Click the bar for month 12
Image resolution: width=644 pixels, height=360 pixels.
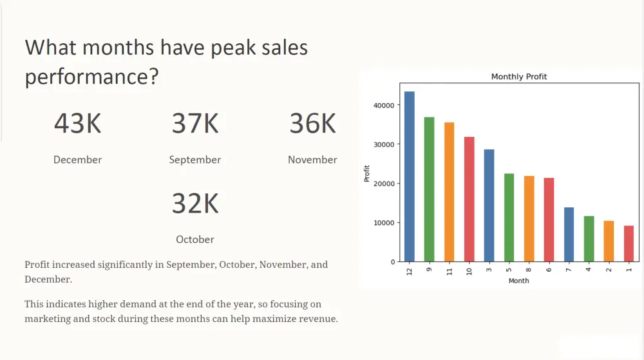coord(410,176)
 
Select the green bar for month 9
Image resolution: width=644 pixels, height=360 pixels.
coord(429,189)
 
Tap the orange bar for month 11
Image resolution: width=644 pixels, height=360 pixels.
coord(450,192)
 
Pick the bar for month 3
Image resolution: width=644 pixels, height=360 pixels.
coord(489,205)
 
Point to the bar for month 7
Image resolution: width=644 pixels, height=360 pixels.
coord(569,234)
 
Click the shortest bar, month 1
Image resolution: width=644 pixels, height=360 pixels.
coord(629,243)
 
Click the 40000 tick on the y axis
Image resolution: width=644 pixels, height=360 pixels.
coord(384,106)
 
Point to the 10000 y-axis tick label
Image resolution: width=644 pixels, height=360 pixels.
coord(384,223)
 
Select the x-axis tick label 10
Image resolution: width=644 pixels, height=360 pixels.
coord(469,271)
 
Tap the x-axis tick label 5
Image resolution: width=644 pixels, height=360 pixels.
coord(509,269)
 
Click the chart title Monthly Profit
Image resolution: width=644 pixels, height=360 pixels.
coord(519,77)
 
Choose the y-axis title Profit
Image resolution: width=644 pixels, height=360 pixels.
coord(367,174)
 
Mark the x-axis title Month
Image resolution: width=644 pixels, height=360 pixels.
coord(518,281)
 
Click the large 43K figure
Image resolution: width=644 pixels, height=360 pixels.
coord(78,123)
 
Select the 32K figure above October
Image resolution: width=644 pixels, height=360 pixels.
coord(195,204)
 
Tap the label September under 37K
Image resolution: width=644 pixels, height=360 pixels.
coord(195,160)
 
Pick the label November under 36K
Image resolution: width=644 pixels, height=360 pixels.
coord(312,160)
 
